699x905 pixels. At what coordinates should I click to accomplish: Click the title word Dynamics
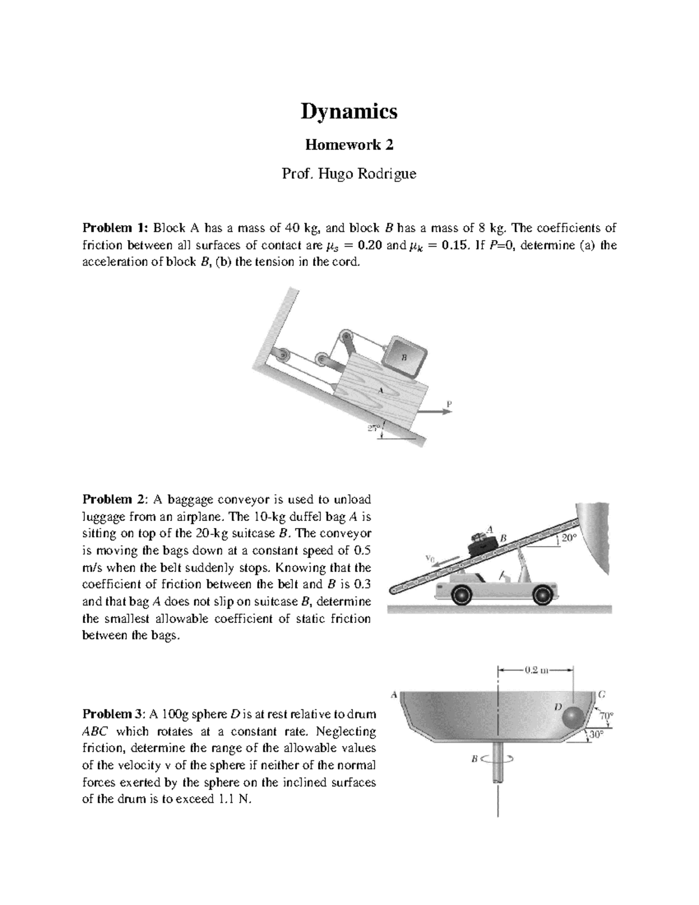349,111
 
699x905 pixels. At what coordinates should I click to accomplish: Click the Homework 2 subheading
349,145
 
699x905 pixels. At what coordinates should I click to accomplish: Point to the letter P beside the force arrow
449,403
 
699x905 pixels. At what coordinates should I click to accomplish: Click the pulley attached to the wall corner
284,355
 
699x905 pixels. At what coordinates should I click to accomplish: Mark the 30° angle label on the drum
594,735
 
